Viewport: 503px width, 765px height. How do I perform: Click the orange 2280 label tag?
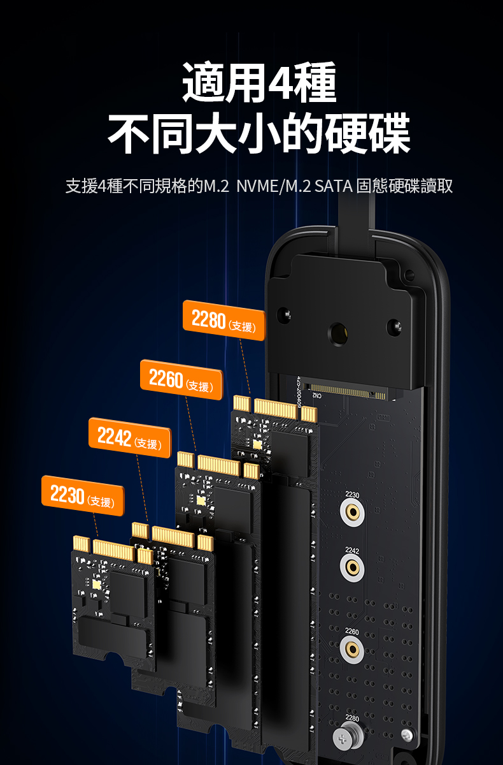coord(224,320)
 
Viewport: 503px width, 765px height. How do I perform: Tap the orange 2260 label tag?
coord(181,379)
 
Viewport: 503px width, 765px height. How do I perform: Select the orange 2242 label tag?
coord(130,437)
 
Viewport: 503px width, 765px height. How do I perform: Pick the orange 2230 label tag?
coord(83,495)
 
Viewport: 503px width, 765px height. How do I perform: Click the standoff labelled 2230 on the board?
coord(352,512)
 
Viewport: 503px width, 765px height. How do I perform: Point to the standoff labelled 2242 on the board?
coord(352,567)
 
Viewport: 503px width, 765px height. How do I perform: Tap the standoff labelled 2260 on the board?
coord(352,649)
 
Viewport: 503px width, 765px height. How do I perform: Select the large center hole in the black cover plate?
coord(338,333)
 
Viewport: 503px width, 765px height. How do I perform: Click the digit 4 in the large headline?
coord(281,83)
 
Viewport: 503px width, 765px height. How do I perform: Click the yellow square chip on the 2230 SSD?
coord(97,585)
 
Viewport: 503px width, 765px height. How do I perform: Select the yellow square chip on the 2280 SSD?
coord(257,445)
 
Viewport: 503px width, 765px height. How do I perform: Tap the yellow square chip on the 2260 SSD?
coord(201,500)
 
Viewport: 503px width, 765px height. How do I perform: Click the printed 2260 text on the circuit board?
coord(352,632)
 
